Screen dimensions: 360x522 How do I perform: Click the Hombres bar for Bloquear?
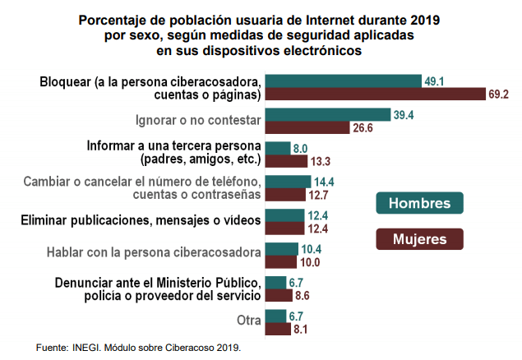[344, 81]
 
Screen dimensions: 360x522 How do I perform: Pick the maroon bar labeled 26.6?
[307, 128]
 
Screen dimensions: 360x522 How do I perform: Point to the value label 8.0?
[300, 148]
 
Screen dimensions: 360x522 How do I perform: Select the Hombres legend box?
[419, 203]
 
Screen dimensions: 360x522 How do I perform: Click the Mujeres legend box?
[419, 239]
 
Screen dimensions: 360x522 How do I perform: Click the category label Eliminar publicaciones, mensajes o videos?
[141, 220]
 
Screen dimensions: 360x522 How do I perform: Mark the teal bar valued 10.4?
[281, 248]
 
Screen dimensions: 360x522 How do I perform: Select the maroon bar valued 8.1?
[277, 329]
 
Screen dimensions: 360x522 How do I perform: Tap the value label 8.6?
[302, 295]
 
